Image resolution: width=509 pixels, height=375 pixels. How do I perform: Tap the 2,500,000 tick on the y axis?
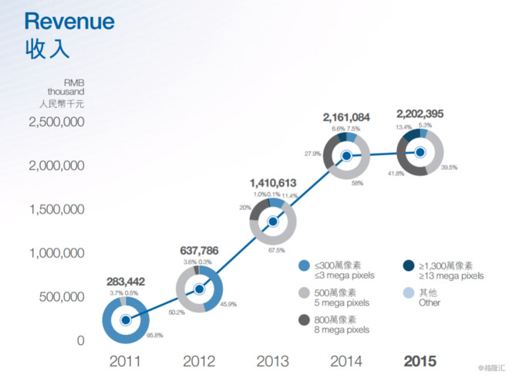(x=56, y=122)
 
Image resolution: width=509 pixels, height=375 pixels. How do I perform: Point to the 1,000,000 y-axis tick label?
(x=56, y=252)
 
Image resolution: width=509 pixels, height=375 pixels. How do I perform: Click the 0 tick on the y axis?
(x=79, y=340)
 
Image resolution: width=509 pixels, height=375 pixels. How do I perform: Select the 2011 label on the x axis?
(x=125, y=361)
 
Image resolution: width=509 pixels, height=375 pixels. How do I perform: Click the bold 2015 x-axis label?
(x=420, y=361)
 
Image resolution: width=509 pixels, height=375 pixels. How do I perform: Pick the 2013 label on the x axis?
(x=273, y=361)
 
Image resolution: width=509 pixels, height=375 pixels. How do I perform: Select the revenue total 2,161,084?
(x=346, y=117)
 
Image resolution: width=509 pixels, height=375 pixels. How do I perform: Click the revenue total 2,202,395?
(x=420, y=114)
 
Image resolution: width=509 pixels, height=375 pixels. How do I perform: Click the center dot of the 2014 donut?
(x=347, y=155)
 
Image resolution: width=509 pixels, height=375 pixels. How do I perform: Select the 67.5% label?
(x=275, y=250)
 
